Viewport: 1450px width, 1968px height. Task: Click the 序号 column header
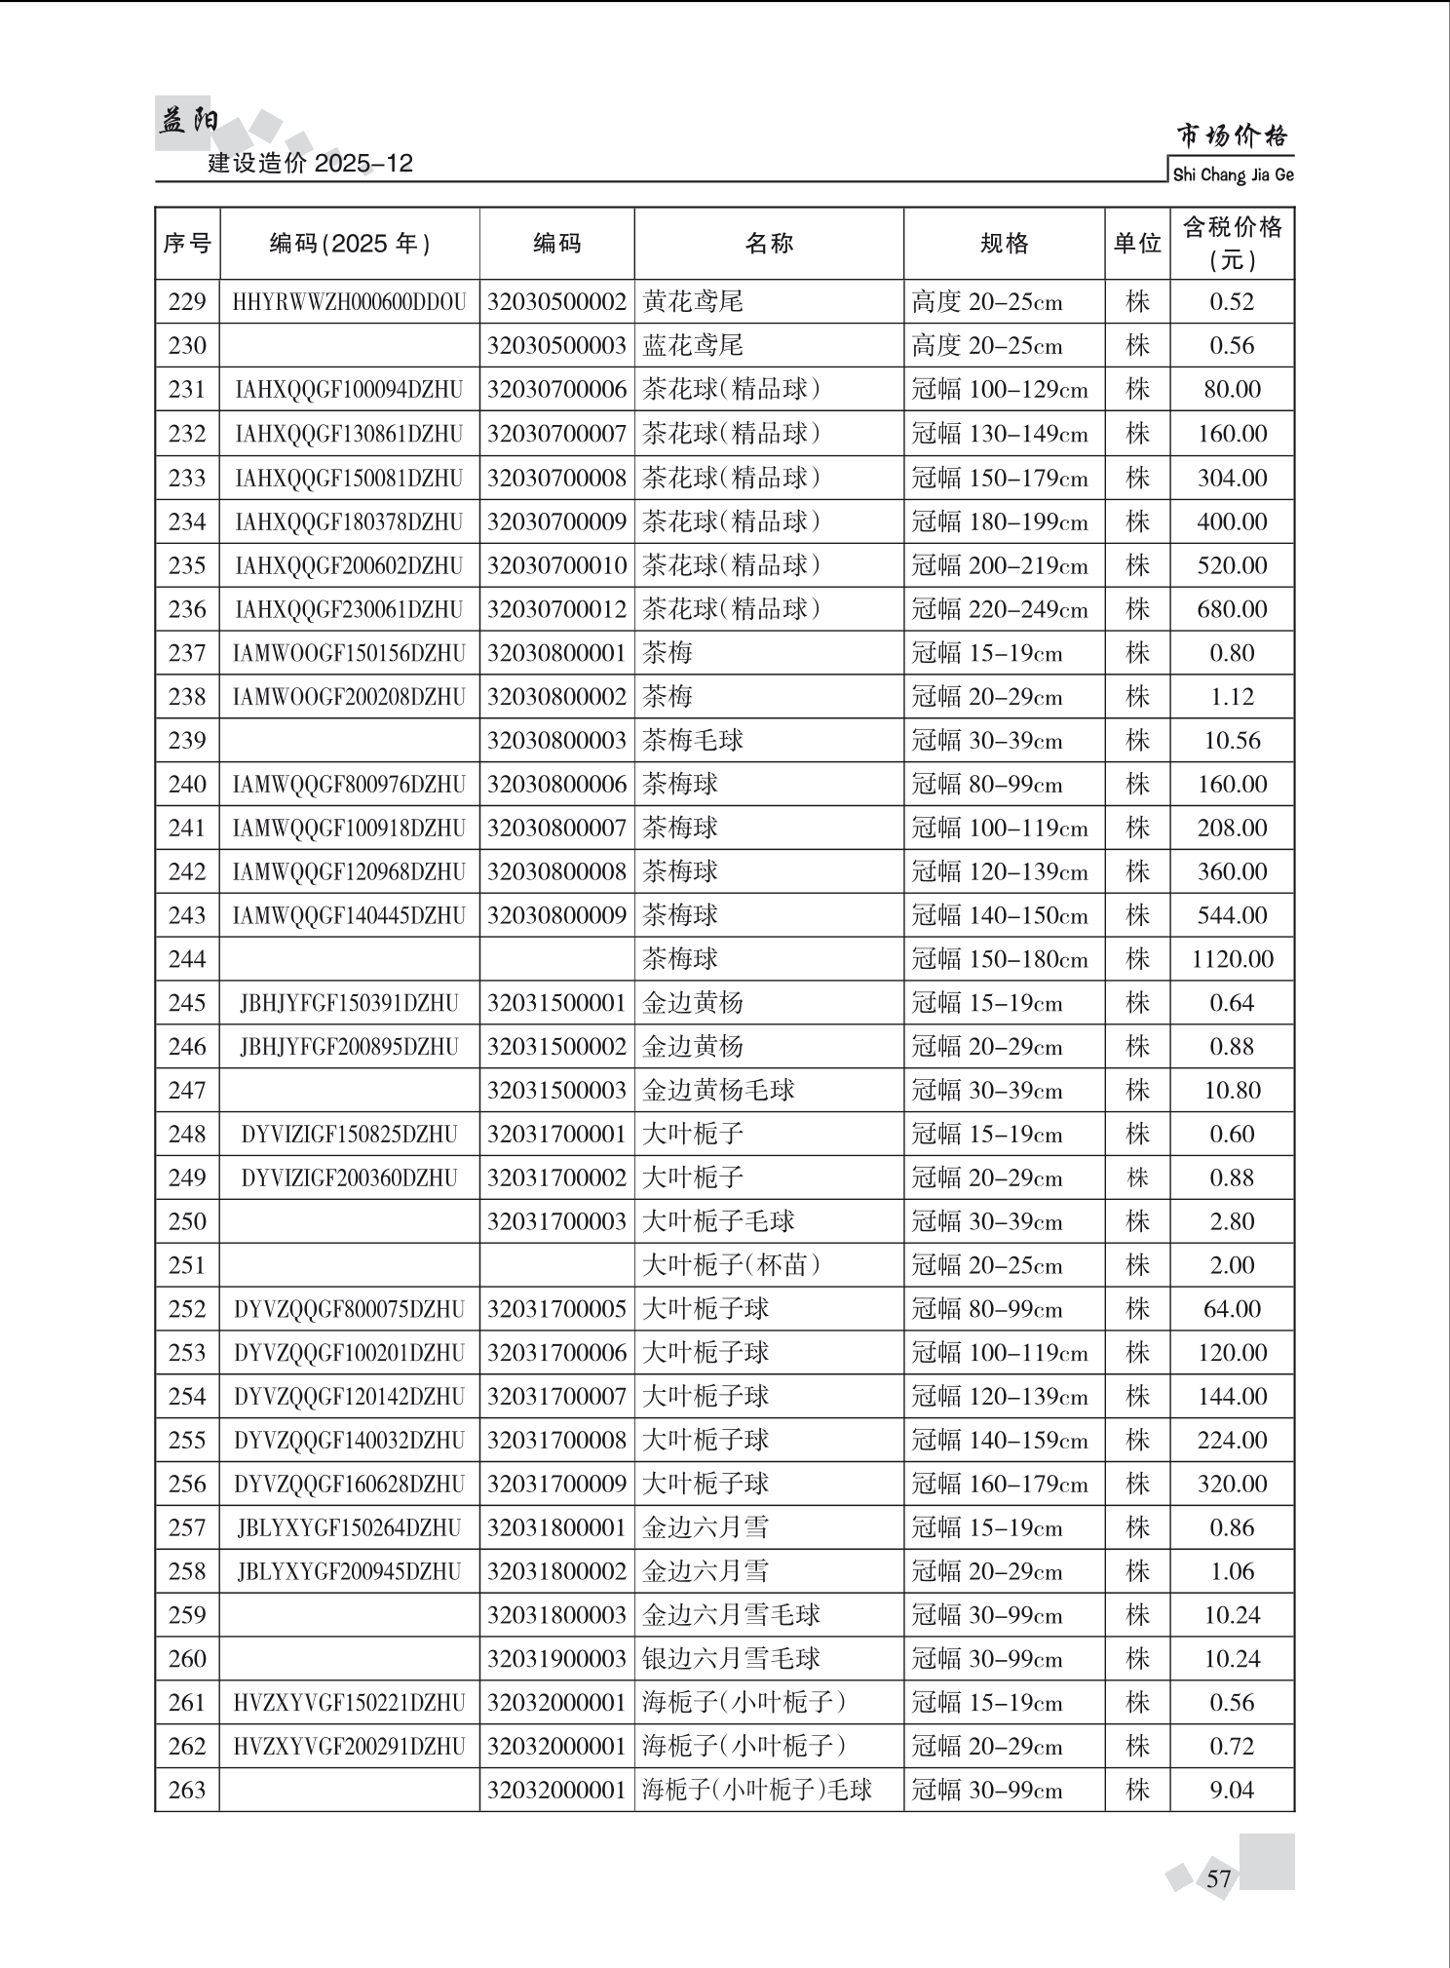click(187, 243)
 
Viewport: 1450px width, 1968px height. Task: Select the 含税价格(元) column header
click(1232, 243)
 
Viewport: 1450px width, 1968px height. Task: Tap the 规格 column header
click(1004, 243)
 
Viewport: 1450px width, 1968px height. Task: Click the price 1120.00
click(1232, 959)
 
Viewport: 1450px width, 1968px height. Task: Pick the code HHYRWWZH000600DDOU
click(349, 302)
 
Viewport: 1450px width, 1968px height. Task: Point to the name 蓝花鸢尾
click(693, 346)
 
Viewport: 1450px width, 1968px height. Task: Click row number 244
click(187, 959)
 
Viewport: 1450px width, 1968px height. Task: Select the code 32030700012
click(556, 609)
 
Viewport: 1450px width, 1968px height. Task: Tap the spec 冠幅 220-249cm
click(1000, 609)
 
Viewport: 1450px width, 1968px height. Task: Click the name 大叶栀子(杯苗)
click(731, 1265)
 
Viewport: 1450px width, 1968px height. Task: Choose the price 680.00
click(1232, 609)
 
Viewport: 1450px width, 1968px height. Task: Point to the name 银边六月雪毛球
click(731, 1659)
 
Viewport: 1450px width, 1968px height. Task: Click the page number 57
click(1219, 1878)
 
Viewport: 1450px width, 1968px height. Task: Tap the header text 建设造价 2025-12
click(311, 163)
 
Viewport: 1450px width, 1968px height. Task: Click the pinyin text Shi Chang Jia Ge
click(1233, 175)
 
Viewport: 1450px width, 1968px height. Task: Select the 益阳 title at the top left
click(188, 121)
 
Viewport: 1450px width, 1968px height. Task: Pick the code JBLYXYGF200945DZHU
click(349, 1571)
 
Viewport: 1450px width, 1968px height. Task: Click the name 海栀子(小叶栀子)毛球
click(757, 1790)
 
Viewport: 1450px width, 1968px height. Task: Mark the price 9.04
click(1232, 1790)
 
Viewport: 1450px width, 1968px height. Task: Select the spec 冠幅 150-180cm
click(1000, 959)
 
